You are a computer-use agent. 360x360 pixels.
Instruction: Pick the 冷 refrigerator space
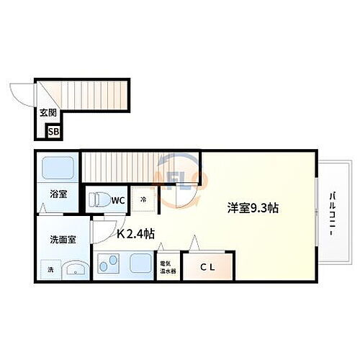(x=144, y=199)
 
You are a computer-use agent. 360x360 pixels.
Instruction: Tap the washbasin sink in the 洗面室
(x=73, y=271)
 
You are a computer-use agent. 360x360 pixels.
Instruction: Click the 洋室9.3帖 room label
(x=253, y=208)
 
